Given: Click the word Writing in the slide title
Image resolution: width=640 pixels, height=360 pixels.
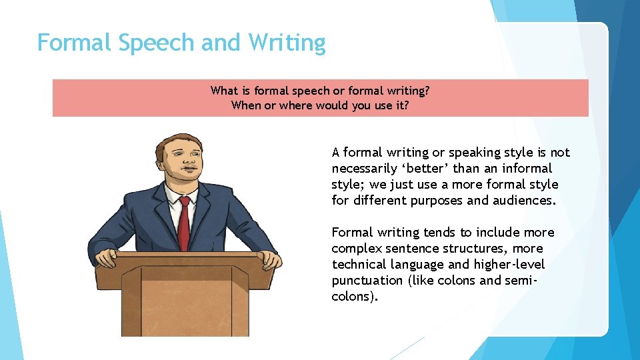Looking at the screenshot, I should tap(287, 43).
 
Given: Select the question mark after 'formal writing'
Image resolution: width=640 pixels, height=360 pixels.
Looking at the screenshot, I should tap(427, 90).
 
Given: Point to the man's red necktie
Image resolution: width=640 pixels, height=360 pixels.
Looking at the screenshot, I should tap(184, 220).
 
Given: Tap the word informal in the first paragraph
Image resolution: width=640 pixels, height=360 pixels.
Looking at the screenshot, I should tap(529, 168).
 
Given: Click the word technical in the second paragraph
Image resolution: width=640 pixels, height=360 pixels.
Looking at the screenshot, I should tap(360, 264).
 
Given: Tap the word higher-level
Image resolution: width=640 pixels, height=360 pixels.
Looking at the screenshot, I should tap(509, 264).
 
